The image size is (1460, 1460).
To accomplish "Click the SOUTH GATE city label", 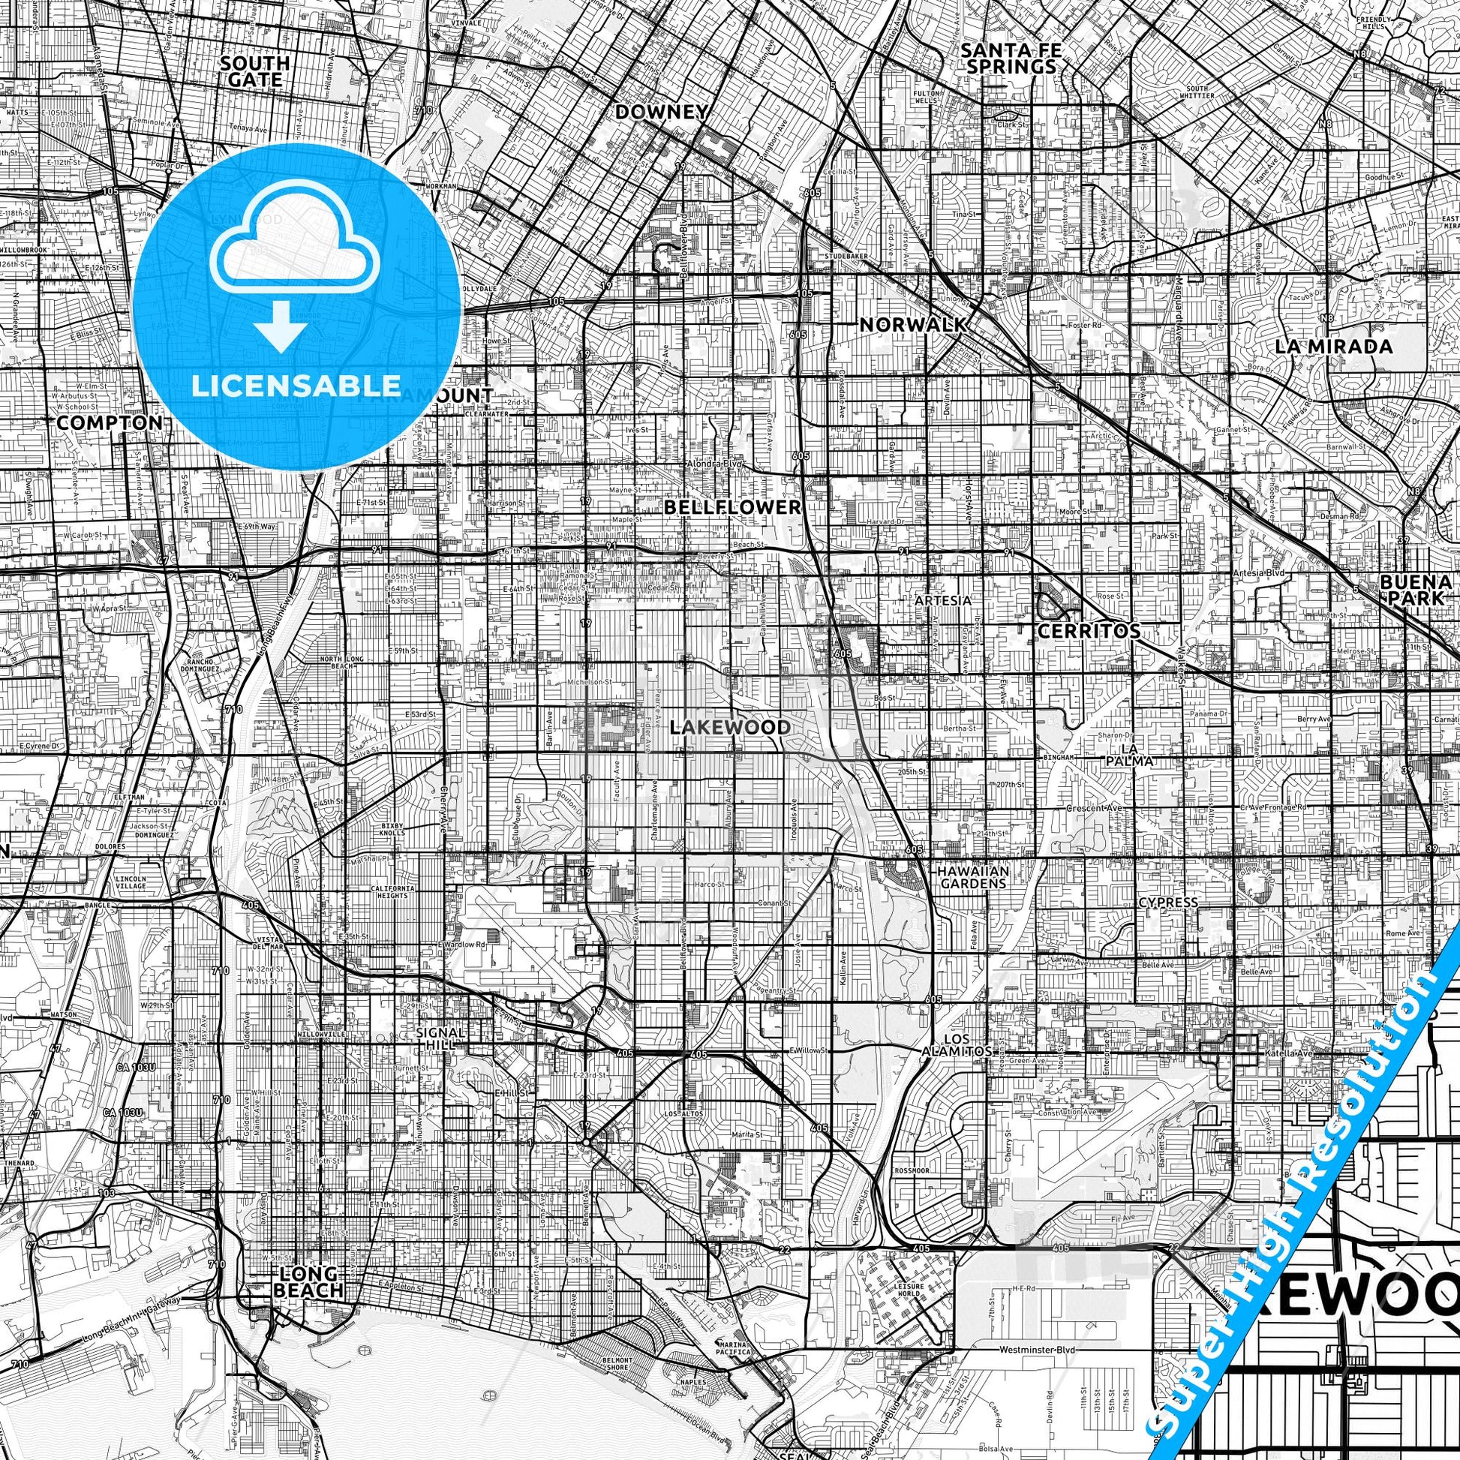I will pyautogui.click(x=254, y=71).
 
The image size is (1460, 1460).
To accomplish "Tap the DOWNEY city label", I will pyautogui.click(x=661, y=113).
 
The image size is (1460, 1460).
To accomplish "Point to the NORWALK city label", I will pyautogui.click(x=913, y=325).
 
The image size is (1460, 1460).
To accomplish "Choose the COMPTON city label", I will pyautogui.click(x=109, y=422).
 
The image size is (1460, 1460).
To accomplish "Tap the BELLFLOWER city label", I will pyautogui.click(x=732, y=507).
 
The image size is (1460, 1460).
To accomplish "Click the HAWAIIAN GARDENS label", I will pyautogui.click(x=972, y=876).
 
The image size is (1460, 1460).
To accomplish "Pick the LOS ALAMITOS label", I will pyautogui.click(x=956, y=1045).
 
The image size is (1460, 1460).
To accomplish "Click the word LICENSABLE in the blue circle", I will pyautogui.click(x=296, y=386).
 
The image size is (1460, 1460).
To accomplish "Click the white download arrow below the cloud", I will pyautogui.click(x=281, y=326).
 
